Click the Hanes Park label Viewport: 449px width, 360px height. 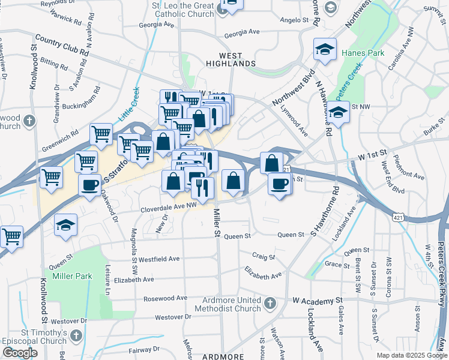point(363,53)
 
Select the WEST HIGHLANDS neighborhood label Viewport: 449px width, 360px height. point(231,63)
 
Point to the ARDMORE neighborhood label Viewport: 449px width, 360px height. point(223,356)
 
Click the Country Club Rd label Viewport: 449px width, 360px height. point(62,46)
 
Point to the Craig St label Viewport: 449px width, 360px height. point(263,257)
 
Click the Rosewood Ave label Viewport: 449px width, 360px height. point(165,298)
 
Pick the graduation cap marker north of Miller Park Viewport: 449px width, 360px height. point(65,225)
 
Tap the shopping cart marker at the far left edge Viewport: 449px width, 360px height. point(12,237)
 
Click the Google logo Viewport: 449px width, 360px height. point(20,353)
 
